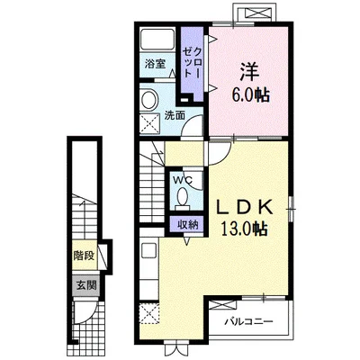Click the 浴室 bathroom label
[x=155, y=64]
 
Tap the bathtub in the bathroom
[x=157, y=40]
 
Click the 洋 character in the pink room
[x=249, y=72]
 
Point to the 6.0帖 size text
[x=249, y=95]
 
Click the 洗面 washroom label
[x=175, y=116]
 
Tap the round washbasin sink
[x=149, y=100]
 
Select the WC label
[x=183, y=180]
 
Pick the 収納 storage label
[x=187, y=225]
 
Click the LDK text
[x=245, y=207]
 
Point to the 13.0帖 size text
[x=244, y=229]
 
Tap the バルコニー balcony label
[x=249, y=322]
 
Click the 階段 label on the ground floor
[x=85, y=256]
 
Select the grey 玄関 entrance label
[x=86, y=285]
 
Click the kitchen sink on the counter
[x=148, y=250]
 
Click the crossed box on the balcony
[x=222, y=305]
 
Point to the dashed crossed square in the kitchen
[x=149, y=313]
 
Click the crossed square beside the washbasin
[x=150, y=123]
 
